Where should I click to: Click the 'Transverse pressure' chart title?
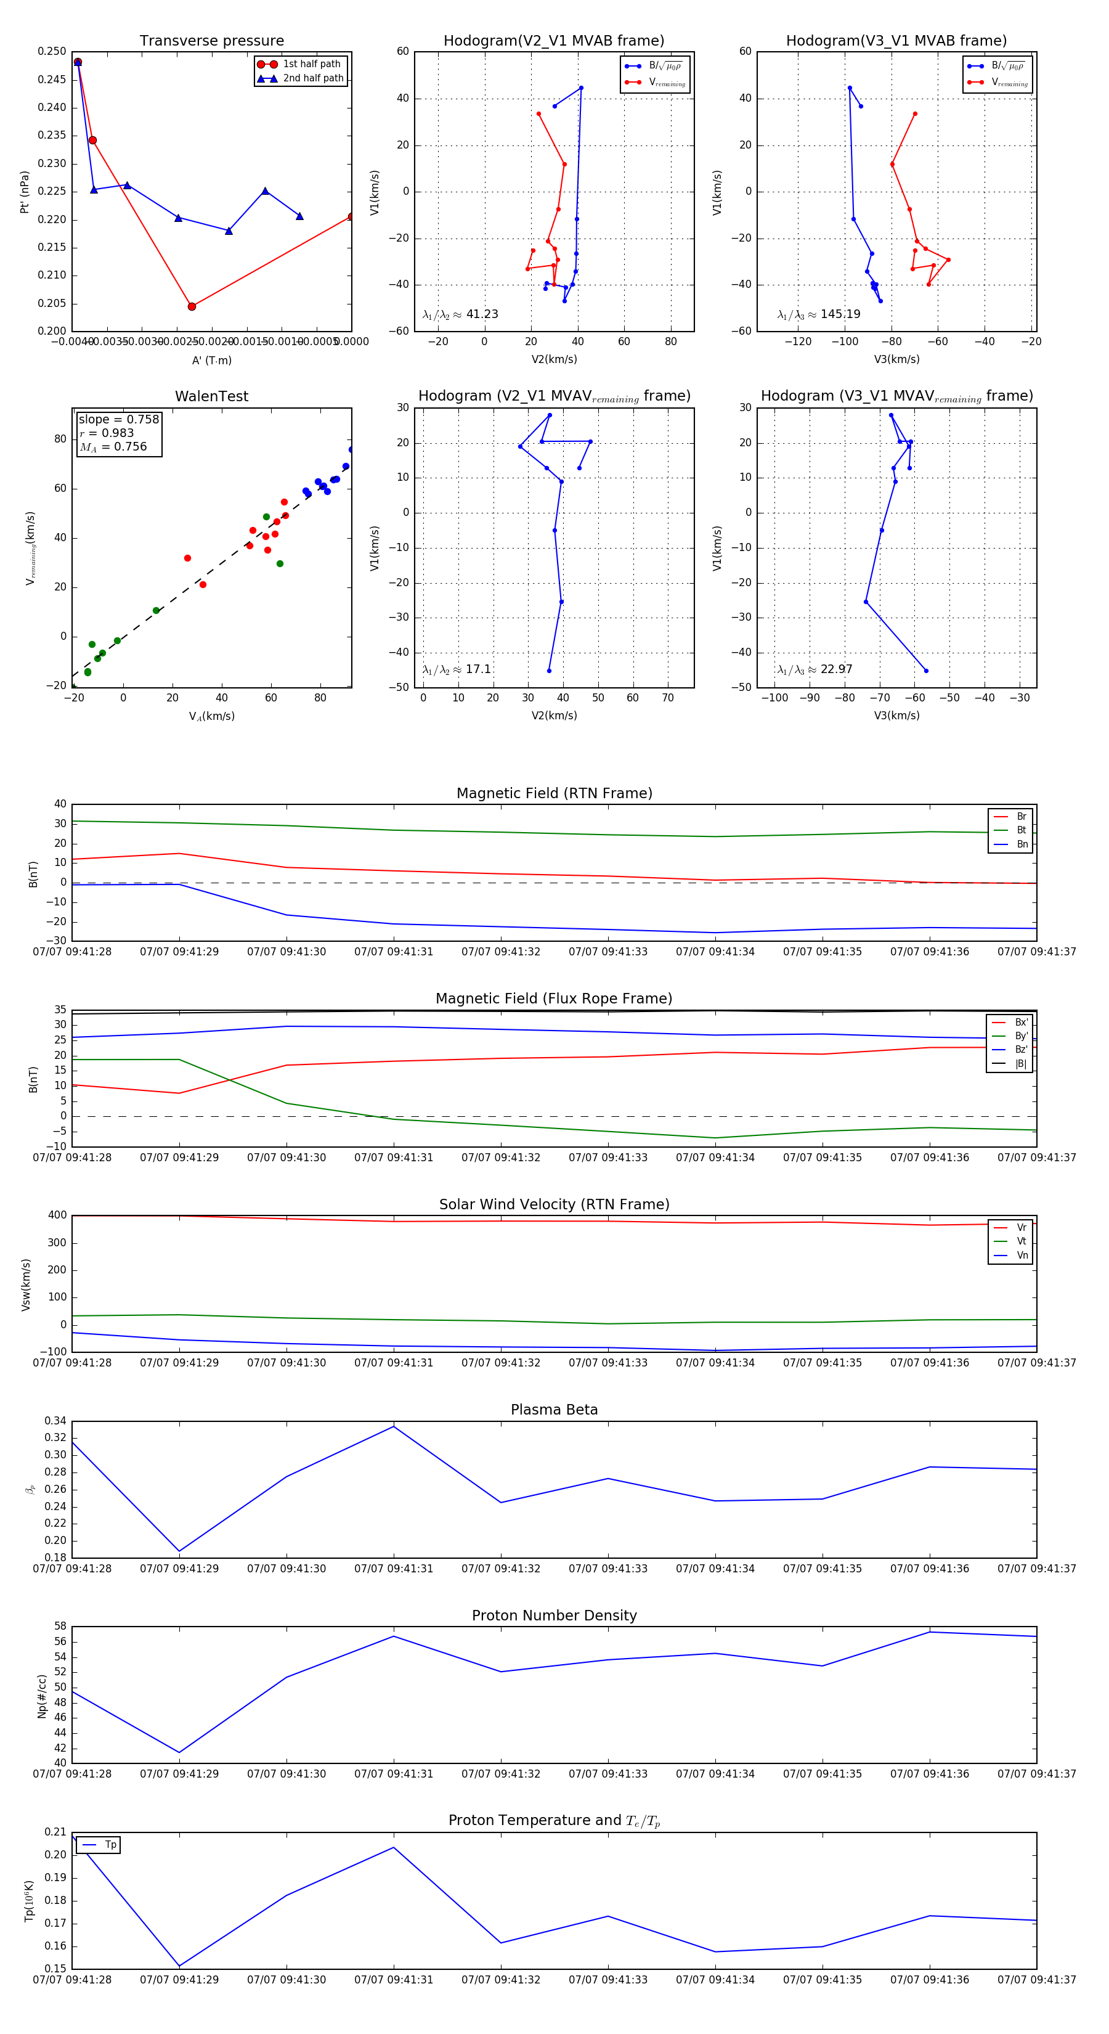point(211,41)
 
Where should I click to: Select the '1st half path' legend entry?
point(311,64)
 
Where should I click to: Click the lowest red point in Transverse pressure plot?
point(192,306)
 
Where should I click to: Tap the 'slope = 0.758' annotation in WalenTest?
point(118,419)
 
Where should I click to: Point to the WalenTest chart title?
point(211,396)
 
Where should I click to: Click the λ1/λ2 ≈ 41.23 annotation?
point(460,314)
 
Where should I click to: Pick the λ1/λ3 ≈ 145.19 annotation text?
point(819,314)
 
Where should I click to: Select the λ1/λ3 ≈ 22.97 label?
point(814,669)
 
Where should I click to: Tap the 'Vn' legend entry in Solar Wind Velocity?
point(1022,1256)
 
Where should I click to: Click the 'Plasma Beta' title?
point(554,1410)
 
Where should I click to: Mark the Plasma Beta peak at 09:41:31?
point(394,1426)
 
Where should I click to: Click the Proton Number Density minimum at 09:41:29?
point(179,1753)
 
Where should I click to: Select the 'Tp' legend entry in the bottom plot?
point(110,1845)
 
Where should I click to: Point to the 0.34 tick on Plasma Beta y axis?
point(56,1421)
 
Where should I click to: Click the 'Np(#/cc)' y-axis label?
point(42,1696)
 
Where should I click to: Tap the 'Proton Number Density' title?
point(554,1615)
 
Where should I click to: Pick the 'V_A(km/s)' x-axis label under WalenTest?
point(211,716)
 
